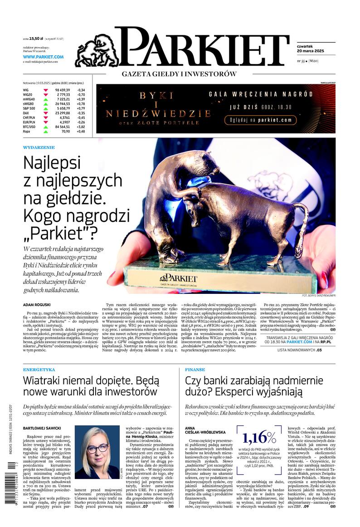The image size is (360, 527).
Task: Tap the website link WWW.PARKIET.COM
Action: pyautogui.click(x=43, y=57)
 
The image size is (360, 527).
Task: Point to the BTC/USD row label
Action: pyautogui.click(x=30, y=127)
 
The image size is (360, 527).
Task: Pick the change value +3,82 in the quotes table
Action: pyautogui.click(x=81, y=127)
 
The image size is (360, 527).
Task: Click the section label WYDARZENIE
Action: pyautogui.click(x=39, y=147)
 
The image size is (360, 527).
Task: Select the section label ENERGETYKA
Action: pyautogui.click(x=39, y=370)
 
